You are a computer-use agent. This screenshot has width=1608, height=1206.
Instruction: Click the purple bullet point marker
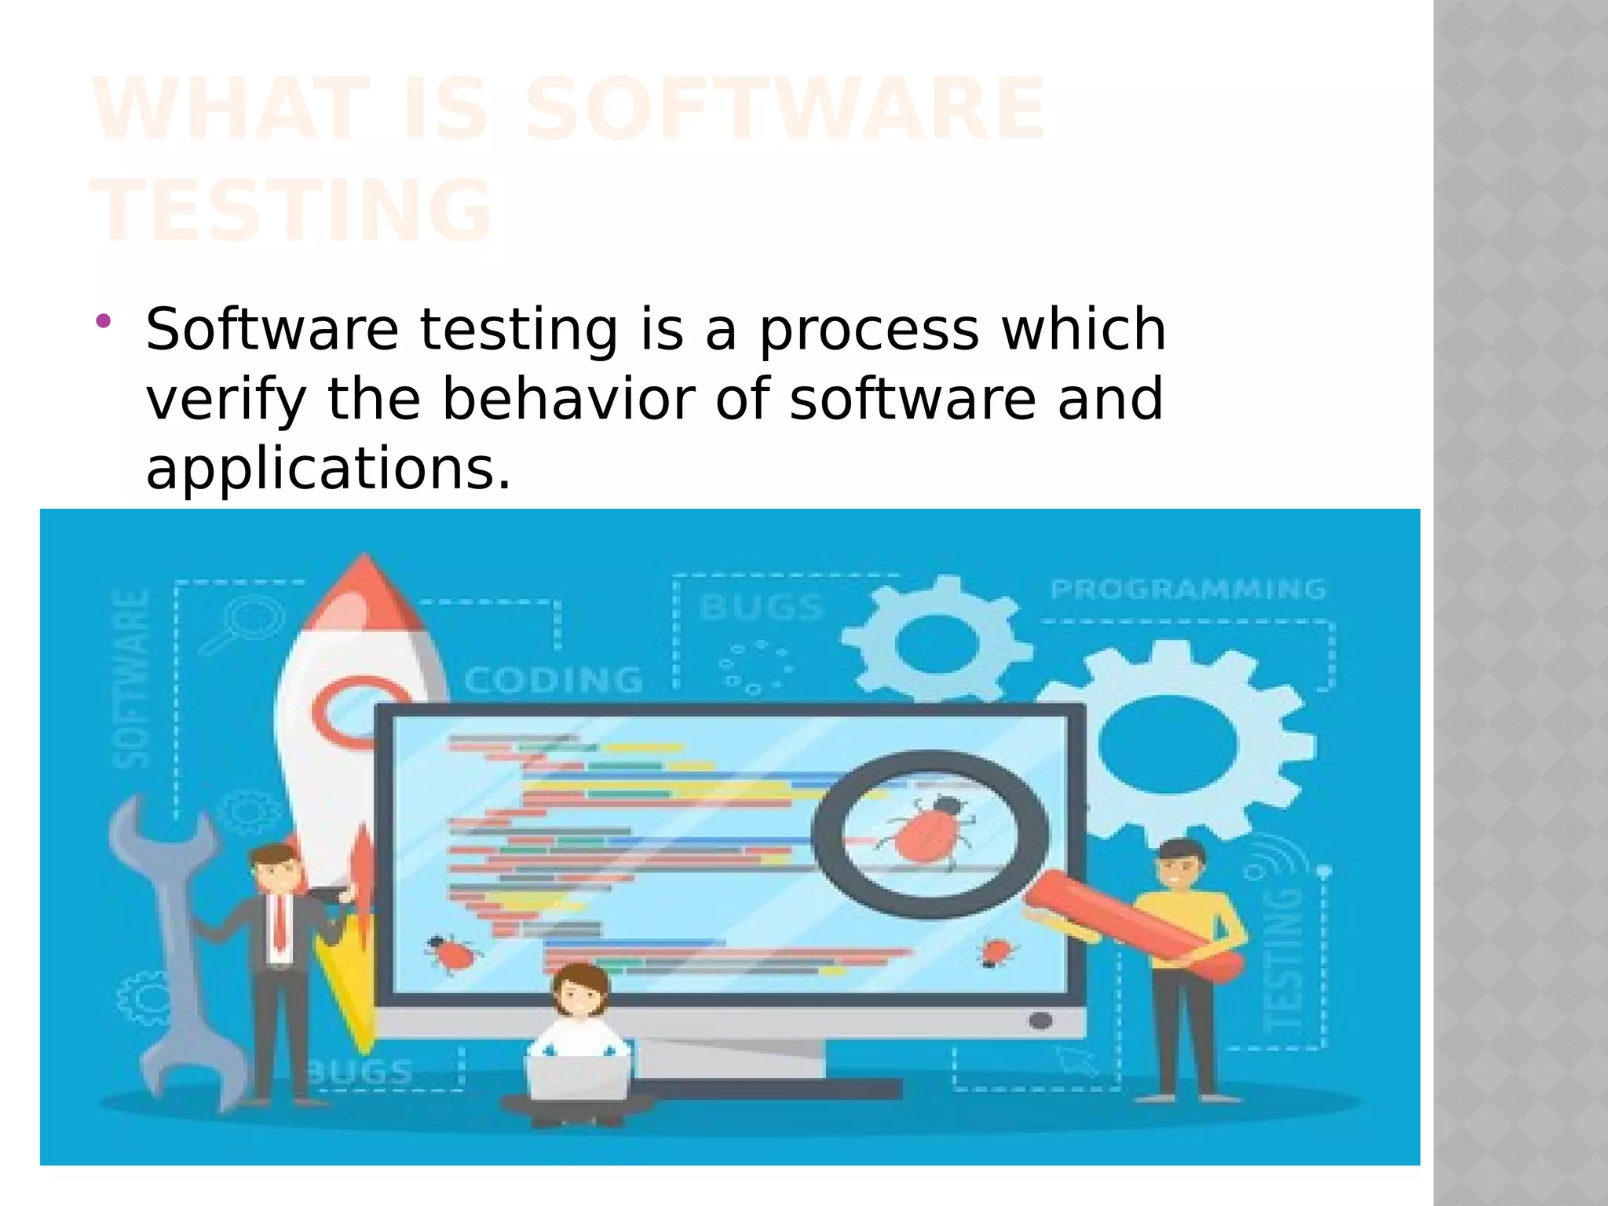tap(103, 320)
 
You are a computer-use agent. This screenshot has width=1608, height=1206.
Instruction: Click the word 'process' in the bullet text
tap(868, 331)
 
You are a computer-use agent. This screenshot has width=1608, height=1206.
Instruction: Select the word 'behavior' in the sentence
tap(568, 399)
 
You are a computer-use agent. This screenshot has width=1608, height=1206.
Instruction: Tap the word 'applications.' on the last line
tap(328, 469)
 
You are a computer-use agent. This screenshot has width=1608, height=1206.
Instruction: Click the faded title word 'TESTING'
tap(291, 210)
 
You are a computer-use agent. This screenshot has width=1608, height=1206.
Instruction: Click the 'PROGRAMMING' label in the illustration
tap(1187, 589)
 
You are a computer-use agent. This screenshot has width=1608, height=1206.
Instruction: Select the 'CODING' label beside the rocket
tap(554, 681)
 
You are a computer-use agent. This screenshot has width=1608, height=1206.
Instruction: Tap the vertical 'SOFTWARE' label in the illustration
tap(131, 678)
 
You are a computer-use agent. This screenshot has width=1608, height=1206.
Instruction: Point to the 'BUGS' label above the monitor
tap(761, 607)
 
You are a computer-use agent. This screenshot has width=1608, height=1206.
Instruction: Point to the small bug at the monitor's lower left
tap(451, 954)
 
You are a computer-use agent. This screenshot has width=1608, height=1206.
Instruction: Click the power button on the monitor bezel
tap(1040, 1021)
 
